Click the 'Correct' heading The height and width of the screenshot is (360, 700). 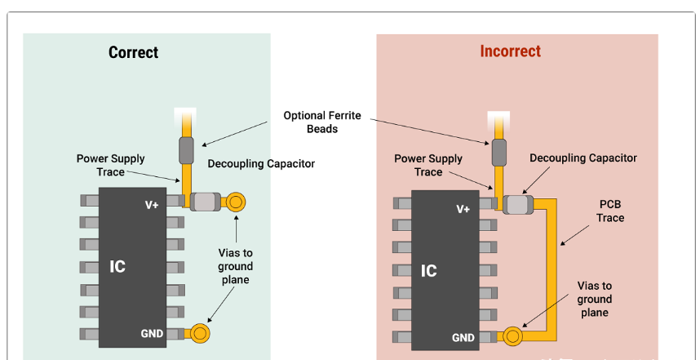tap(133, 52)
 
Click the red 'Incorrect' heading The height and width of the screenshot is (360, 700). tap(510, 51)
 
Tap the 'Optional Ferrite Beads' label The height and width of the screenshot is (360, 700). tap(322, 122)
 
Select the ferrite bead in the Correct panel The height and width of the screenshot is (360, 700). tap(186, 151)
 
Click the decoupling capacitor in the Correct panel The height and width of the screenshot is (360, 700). tap(206, 201)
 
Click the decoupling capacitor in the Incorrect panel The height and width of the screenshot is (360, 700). tap(517, 205)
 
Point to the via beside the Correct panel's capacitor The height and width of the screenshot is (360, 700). tap(237, 201)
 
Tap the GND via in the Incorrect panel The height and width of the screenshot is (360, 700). tap(512, 336)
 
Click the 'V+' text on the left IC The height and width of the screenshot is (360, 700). tap(152, 205)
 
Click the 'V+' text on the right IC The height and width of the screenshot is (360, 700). tap(463, 209)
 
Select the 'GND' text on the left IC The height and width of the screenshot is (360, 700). tap(152, 333)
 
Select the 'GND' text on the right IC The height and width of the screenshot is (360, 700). tap(463, 337)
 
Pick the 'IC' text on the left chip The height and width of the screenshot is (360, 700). tap(117, 266)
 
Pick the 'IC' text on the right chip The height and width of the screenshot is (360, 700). tap(429, 270)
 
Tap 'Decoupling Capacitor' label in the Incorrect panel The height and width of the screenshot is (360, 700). tap(583, 158)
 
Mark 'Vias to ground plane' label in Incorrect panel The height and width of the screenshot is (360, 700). tap(595, 299)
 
